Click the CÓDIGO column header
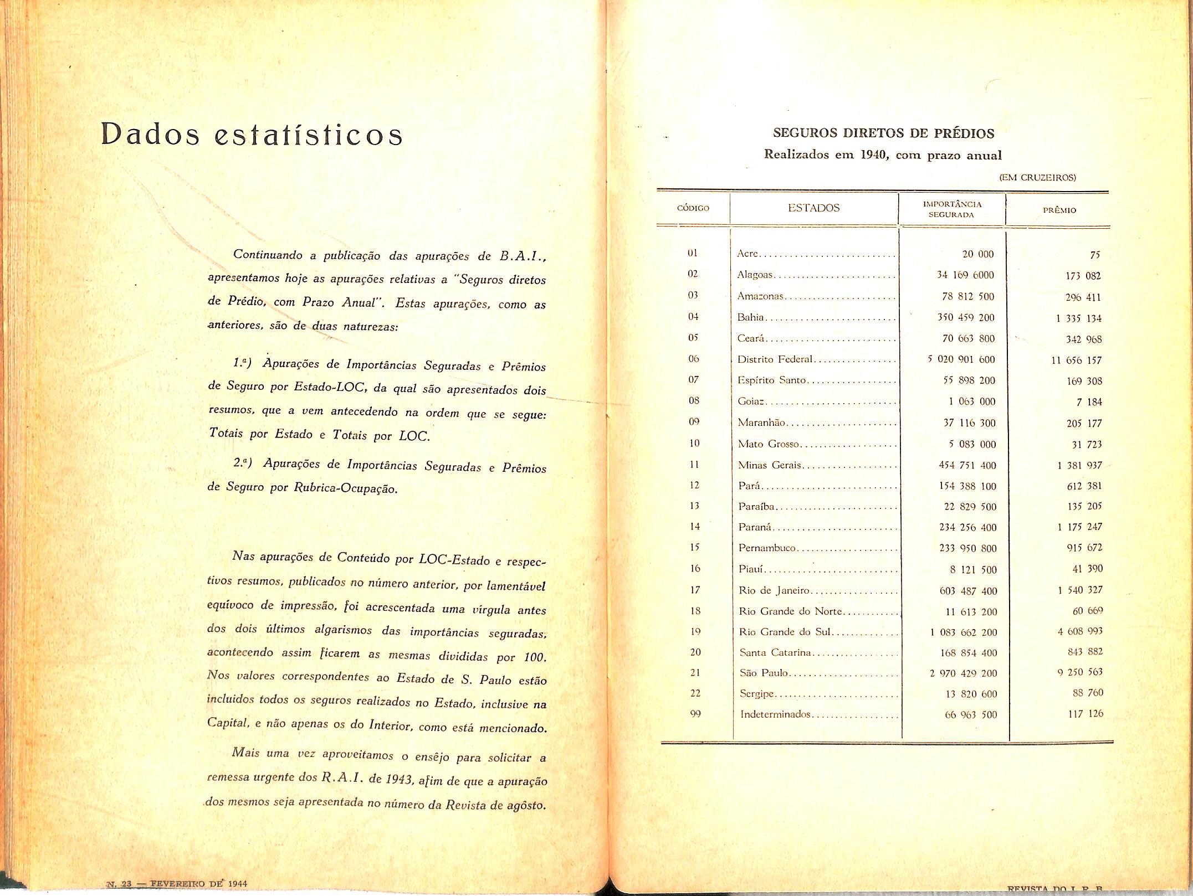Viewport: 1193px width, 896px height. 693,209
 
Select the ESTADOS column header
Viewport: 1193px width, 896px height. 813,208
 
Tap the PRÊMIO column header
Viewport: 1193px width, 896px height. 1059,210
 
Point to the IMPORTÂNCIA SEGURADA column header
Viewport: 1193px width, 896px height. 951,209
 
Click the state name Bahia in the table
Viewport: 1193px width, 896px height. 750,317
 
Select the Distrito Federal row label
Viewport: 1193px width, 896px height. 775,359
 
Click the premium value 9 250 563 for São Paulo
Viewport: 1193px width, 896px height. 1080,672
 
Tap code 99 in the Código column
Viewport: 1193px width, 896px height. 695,714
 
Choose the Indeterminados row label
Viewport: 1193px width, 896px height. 775,714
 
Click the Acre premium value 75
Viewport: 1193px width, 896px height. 1094,255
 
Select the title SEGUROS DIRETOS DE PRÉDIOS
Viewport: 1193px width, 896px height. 883,133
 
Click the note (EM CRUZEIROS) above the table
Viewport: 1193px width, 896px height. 1037,178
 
